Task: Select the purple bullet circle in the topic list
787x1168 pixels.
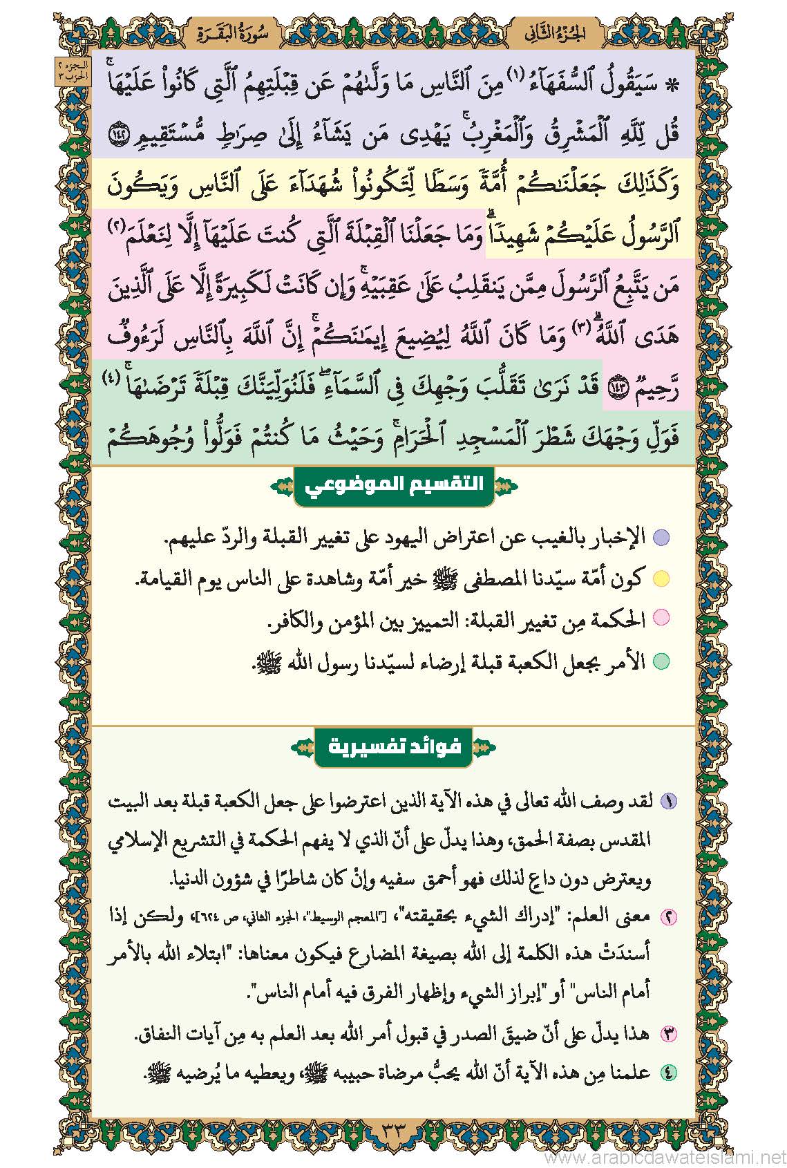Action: (661, 537)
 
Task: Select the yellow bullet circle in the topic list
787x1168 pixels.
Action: (661, 578)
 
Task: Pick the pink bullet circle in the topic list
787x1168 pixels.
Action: (661, 620)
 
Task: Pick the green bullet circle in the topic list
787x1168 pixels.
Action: (661, 661)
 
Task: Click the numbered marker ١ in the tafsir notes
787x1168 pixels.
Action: (669, 802)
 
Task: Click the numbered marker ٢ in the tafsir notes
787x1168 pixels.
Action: (669, 917)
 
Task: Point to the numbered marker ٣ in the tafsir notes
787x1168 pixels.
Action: (669, 1035)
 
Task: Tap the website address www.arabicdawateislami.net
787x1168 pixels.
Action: (665, 1156)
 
